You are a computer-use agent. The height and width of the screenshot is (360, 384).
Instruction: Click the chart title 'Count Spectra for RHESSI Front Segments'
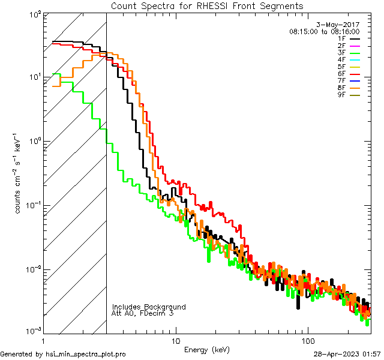207,5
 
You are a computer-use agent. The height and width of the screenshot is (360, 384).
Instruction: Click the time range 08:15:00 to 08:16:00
324,31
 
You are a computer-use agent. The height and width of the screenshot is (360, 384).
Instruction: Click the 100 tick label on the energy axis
308,340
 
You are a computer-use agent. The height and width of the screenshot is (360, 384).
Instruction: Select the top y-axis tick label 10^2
34,14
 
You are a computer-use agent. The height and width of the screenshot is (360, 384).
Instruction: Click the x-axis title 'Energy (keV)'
206,349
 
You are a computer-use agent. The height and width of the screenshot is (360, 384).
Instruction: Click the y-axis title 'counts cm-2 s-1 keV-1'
19,173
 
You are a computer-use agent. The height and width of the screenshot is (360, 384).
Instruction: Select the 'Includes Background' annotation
149,307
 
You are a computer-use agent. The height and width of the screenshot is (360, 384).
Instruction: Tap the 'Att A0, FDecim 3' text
143,314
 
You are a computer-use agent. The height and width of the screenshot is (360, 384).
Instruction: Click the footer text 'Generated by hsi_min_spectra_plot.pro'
63,355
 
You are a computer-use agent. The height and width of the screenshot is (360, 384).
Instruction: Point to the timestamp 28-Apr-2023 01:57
347,355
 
